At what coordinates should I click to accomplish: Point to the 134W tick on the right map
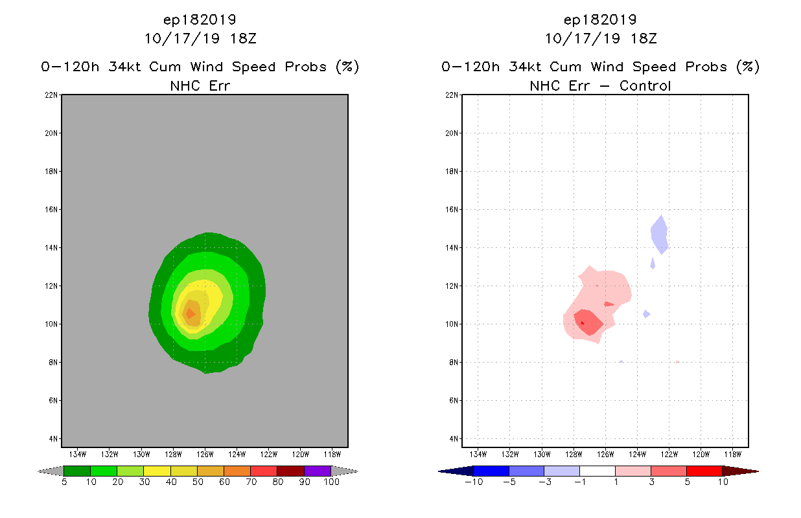[x=478, y=453]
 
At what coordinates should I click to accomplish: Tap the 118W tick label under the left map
[x=332, y=453]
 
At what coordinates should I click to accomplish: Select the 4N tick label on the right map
[x=454, y=438]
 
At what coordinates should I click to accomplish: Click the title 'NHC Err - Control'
[x=600, y=85]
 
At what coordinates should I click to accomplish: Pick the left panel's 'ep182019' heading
[x=200, y=19]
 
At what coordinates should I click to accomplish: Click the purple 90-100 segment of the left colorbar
[x=318, y=471]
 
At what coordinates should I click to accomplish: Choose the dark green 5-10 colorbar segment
[x=77, y=471]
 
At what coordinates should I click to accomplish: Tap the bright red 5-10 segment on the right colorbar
[x=704, y=471]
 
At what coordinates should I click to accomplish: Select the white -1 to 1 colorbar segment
[x=598, y=471]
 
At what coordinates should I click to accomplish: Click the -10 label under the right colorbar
[x=473, y=482]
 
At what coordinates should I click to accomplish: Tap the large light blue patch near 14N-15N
[x=660, y=234]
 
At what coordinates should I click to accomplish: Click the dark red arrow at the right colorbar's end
[x=739, y=471]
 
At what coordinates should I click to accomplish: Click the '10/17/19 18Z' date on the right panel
[x=600, y=38]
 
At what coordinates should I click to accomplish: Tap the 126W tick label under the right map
[x=605, y=453]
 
